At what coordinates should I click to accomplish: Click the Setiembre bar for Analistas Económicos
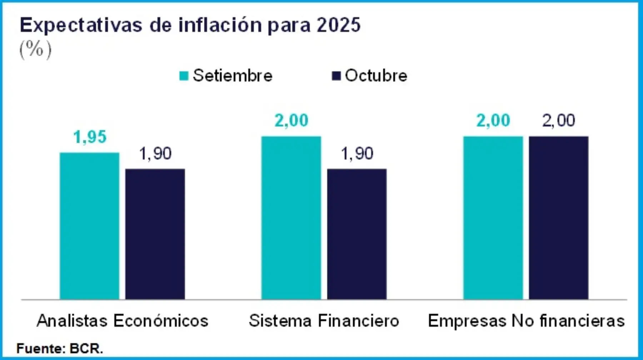89,226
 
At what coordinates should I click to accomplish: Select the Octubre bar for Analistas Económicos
155,234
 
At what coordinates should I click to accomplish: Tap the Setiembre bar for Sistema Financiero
291,218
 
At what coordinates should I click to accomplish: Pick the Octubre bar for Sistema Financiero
357,234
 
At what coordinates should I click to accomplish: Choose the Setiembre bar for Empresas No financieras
493,218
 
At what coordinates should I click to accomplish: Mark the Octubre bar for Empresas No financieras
559,218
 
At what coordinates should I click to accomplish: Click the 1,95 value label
90,137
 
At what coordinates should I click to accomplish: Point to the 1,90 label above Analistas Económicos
155,154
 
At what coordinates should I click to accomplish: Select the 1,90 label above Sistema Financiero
357,154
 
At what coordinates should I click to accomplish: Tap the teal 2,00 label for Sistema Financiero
291,120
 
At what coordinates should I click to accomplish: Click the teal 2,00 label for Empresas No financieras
493,120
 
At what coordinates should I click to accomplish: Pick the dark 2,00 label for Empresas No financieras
559,120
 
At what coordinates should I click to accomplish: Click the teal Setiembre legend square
184,76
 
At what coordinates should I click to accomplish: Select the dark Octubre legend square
336,76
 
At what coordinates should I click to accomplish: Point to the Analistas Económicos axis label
123,321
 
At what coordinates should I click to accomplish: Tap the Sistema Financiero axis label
324,321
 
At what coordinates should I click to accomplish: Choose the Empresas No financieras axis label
526,321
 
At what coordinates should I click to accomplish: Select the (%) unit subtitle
35,49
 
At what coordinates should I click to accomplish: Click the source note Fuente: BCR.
60,348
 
